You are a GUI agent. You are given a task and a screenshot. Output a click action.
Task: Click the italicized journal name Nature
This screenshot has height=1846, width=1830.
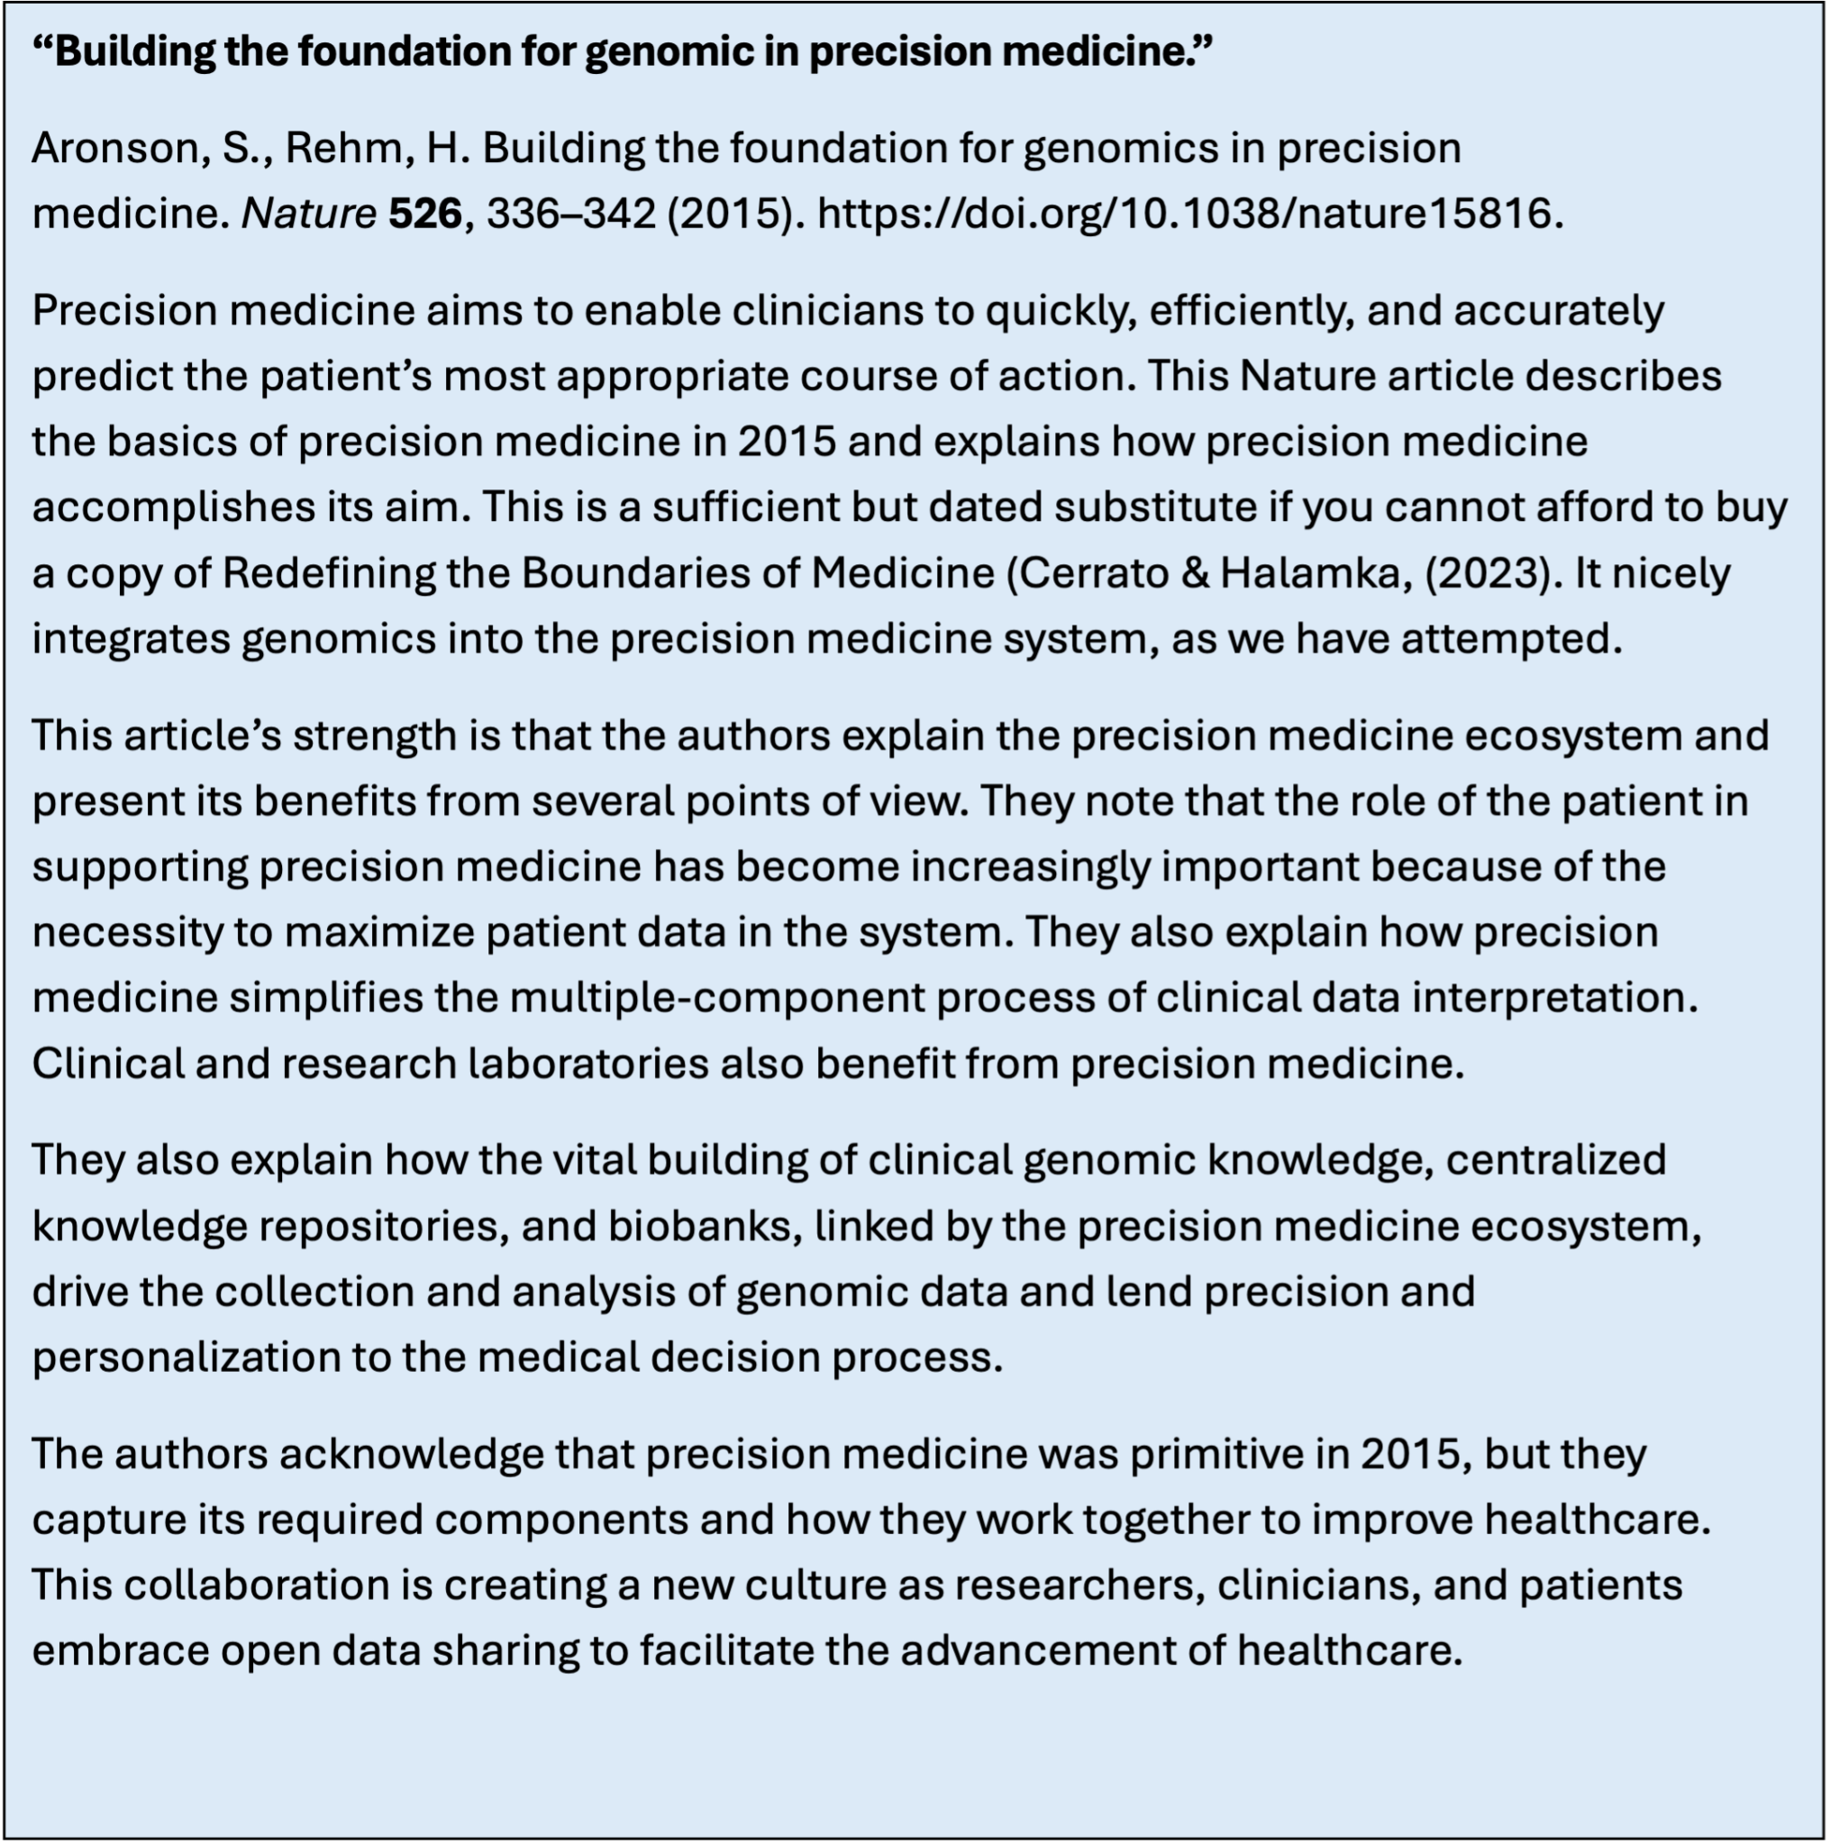click(308, 213)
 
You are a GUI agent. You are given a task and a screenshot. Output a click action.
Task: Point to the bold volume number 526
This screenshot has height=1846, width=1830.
click(425, 213)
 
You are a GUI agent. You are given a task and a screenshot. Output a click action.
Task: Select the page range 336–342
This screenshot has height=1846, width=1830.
click(571, 213)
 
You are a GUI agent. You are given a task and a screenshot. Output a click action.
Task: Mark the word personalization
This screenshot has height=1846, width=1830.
click(186, 1357)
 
